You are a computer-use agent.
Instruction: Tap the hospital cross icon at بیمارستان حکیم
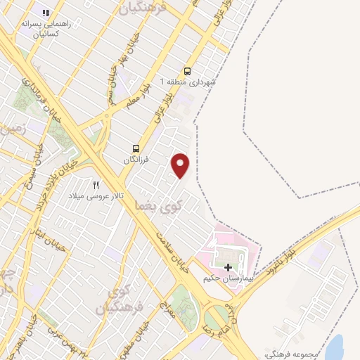click(x=228, y=267)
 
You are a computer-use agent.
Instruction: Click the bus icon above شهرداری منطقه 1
click(x=187, y=70)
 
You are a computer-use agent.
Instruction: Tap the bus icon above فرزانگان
click(x=136, y=148)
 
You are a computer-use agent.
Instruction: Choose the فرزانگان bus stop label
click(x=138, y=160)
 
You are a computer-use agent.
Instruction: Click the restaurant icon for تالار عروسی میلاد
click(x=96, y=184)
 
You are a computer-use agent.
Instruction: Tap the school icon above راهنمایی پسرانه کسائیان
click(x=46, y=13)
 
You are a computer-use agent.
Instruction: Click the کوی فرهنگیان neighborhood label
click(x=128, y=299)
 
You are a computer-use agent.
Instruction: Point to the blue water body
click(x=335, y=347)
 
